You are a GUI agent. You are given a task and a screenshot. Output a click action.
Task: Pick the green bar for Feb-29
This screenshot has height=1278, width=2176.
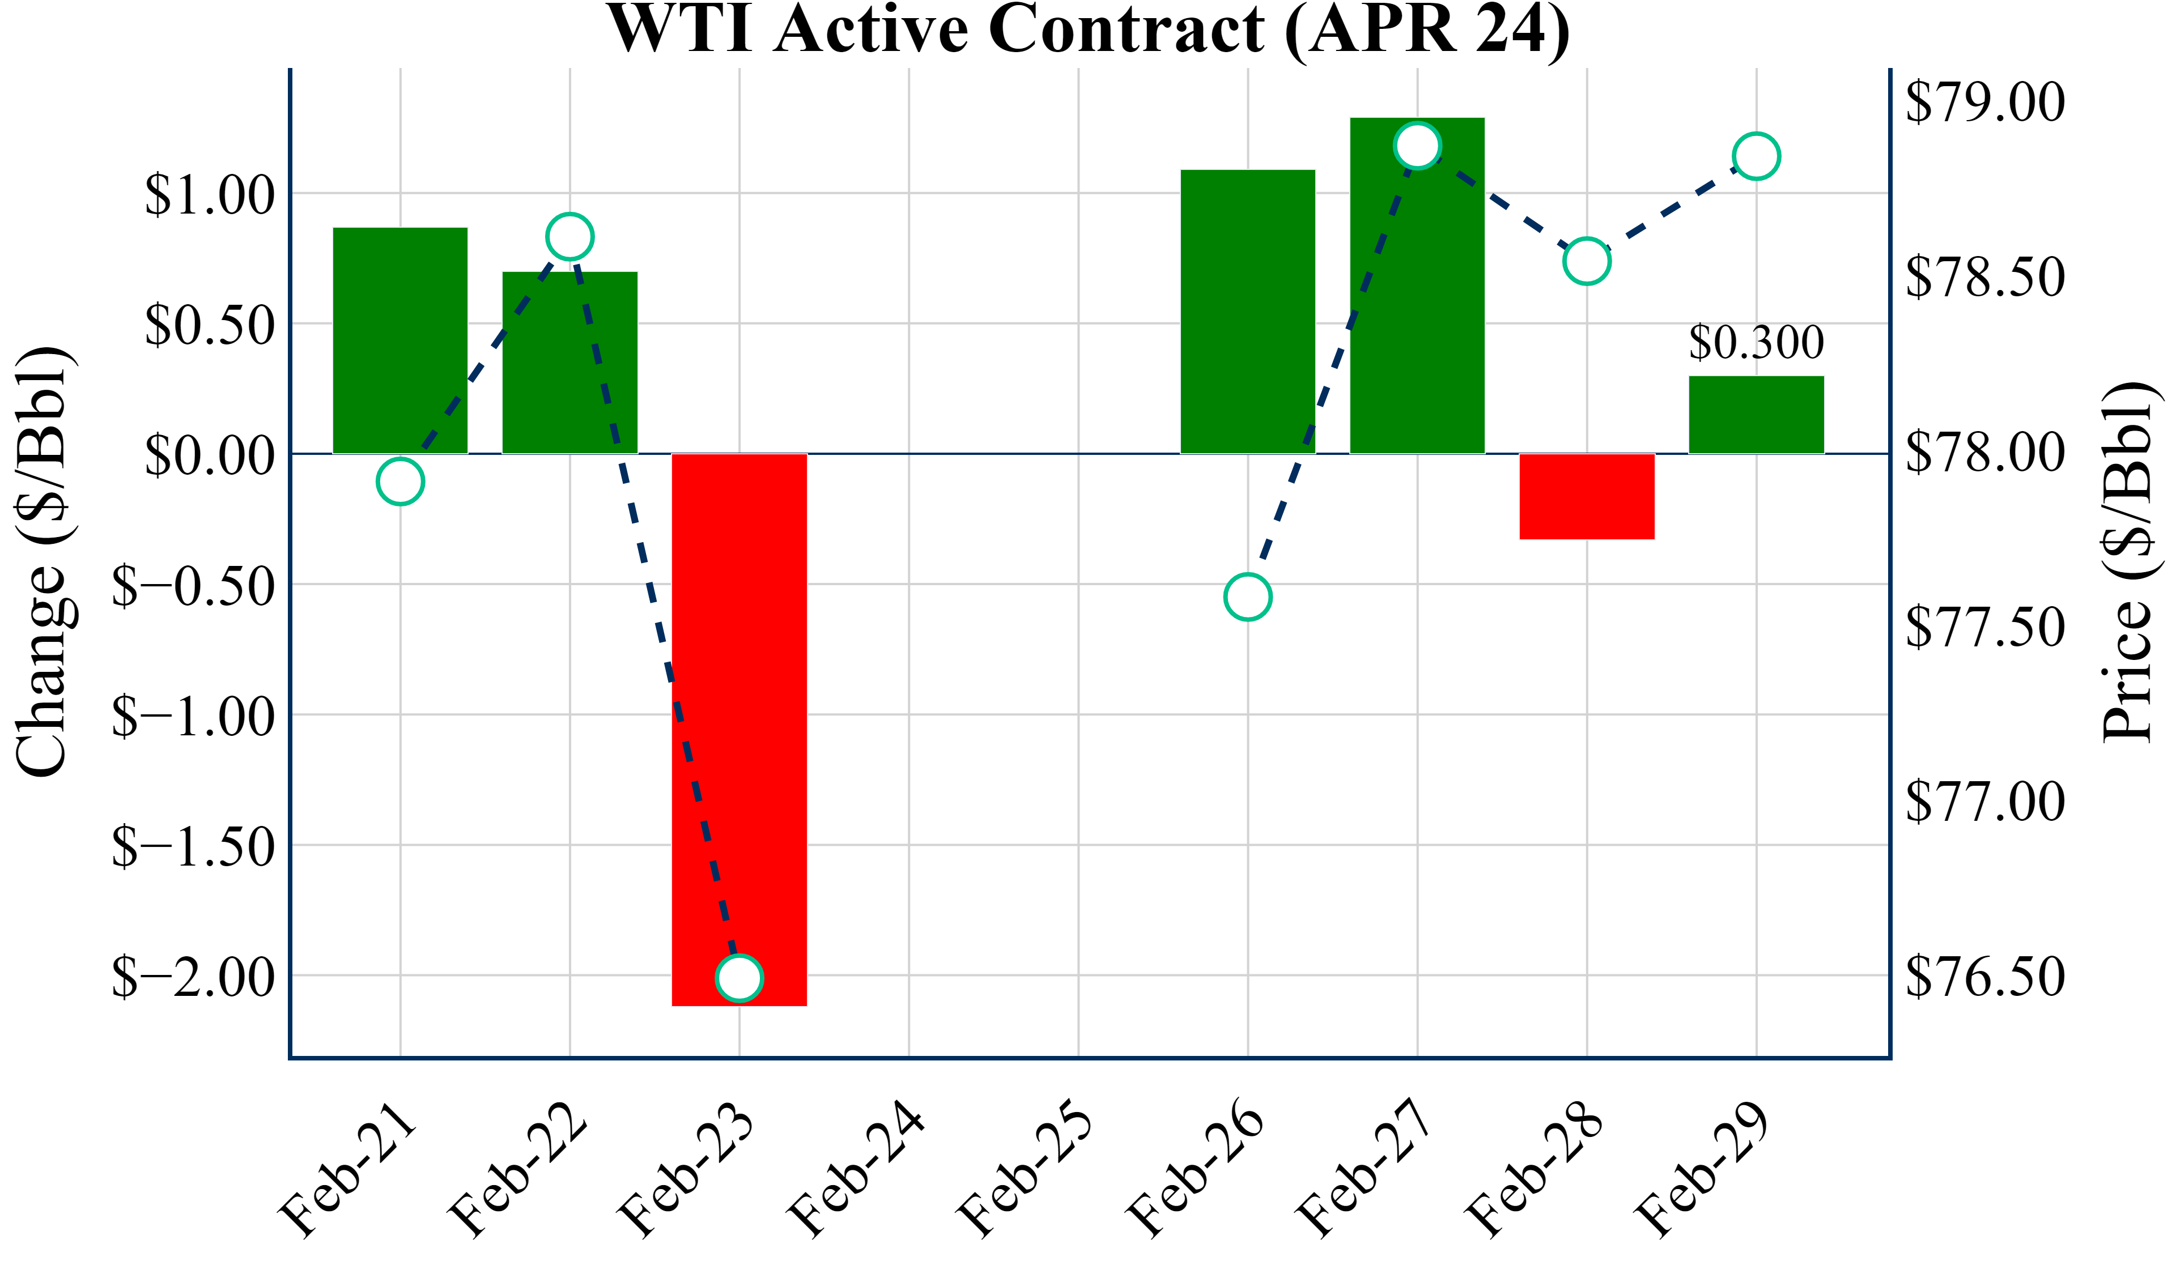point(1756,415)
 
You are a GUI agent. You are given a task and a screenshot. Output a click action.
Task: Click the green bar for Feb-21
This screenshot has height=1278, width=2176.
point(400,341)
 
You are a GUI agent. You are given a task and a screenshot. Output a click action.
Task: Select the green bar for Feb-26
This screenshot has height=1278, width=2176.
point(1248,311)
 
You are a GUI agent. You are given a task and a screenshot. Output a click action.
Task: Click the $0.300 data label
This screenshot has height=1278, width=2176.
point(1756,342)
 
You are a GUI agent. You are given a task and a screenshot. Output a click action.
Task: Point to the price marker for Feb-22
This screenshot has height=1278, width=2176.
point(569,236)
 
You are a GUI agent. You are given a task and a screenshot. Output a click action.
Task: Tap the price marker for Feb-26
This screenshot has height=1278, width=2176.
point(1248,597)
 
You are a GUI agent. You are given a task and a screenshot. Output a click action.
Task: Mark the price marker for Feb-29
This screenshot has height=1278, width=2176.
point(1756,156)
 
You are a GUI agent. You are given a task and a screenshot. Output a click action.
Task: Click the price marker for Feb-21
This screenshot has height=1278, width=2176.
point(400,481)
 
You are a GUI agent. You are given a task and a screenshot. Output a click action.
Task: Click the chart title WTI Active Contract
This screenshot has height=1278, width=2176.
point(1088,29)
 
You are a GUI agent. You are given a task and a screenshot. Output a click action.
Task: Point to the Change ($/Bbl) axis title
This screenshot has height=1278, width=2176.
point(43,561)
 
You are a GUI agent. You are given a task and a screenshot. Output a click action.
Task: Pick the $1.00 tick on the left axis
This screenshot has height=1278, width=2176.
point(210,194)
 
